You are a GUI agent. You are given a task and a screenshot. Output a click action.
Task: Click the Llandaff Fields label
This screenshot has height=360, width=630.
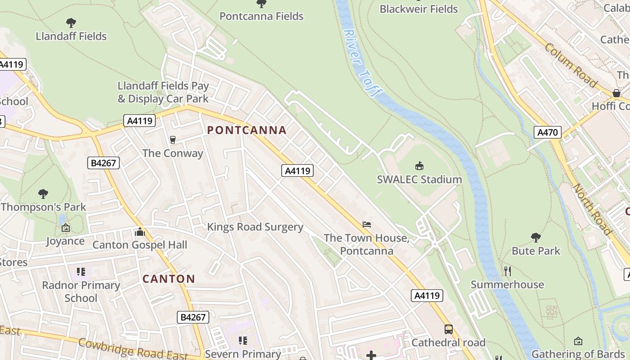click(x=71, y=36)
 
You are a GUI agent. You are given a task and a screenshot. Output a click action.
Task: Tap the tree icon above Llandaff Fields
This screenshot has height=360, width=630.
click(x=71, y=22)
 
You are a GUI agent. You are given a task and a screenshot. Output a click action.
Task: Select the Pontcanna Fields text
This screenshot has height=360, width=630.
click(x=261, y=16)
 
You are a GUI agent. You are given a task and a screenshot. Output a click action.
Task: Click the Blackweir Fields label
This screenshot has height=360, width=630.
click(x=418, y=9)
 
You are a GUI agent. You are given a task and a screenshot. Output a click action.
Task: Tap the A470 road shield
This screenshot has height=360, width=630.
click(x=548, y=132)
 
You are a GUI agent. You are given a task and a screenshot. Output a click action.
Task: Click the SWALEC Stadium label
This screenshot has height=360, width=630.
click(x=419, y=180)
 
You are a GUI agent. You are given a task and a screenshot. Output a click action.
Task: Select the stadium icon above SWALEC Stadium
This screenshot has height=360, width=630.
click(x=419, y=166)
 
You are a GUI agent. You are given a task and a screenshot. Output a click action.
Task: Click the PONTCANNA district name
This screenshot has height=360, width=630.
click(x=247, y=130)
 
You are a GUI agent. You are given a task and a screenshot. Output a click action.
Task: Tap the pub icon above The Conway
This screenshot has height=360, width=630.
click(x=172, y=140)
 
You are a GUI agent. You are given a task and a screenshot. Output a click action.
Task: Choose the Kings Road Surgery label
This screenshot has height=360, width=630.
click(x=255, y=227)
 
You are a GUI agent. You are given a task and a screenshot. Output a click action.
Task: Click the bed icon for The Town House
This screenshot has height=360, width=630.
click(x=367, y=224)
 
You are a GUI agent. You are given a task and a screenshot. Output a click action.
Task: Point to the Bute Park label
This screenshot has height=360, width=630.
click(x=536, y=251)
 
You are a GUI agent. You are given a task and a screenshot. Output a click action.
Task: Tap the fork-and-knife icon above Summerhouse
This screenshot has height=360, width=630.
click(x=508, y=271)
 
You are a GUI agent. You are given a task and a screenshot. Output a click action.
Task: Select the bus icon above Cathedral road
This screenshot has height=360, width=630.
click(x=449, y=329)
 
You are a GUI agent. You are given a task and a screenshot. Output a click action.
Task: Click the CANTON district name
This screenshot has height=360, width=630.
click(x=169, y=279)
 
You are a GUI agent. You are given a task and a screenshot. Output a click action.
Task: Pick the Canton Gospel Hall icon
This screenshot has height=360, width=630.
click(x=140, y=232)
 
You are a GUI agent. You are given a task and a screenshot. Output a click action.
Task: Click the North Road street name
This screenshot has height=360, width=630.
click(x=592, y=209)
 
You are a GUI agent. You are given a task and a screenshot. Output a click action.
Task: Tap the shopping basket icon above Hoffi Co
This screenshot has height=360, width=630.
click(x=616, y=93)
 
